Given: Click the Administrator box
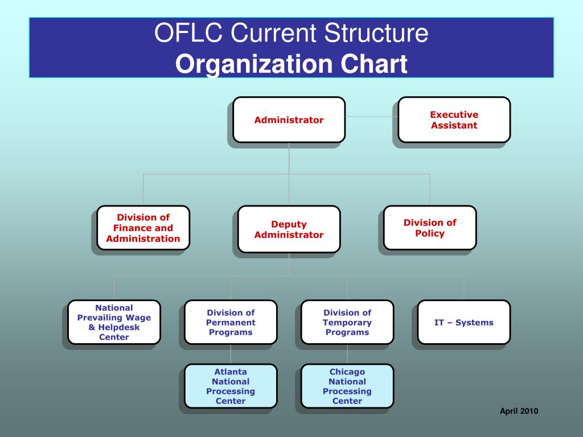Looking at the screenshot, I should click(289, 119).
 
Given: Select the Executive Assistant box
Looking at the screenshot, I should click(454, 119).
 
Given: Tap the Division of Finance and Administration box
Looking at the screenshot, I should click(143, 228).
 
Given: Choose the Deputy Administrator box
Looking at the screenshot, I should click(289, 229).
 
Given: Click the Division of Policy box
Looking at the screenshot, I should click(430, 228).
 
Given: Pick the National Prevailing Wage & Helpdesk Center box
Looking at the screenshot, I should click(114, 322).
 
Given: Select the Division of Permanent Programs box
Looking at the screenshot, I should click(231, 322).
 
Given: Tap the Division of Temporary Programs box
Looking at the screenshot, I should click(347, 322).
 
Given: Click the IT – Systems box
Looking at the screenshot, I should click(463, 322).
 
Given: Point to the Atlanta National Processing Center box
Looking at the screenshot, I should click(231, 386).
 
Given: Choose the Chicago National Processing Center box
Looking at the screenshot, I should click(347, 386).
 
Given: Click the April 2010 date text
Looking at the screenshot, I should click(519, 411).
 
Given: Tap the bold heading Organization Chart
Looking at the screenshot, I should click(291, 64).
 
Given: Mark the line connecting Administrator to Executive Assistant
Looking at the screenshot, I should click(371, 116).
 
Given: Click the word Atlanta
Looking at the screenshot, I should click(231, 372).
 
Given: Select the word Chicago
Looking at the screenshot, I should click(347, 372).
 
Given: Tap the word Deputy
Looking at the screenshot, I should click(289, 224).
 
